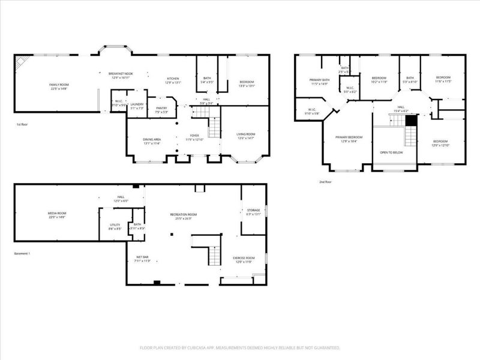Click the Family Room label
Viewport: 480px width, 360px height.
click(x=59, y=85)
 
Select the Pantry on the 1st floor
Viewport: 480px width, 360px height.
click(x=161, y=108)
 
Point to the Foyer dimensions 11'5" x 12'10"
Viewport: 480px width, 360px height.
click(x=194, y=140)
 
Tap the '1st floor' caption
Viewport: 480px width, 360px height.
click(x=23, y=124)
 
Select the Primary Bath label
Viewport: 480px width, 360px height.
click(x=319, y=80)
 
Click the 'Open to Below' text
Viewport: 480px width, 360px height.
click(x=391, y=152)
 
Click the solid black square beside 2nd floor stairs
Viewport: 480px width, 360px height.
click(x=411, y=121)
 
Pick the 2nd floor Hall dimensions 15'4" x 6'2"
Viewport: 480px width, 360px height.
click(x=400, y=112)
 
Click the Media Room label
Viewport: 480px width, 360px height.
click(x=57, y=214)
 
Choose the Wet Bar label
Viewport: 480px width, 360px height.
click(x=142, y=257)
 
